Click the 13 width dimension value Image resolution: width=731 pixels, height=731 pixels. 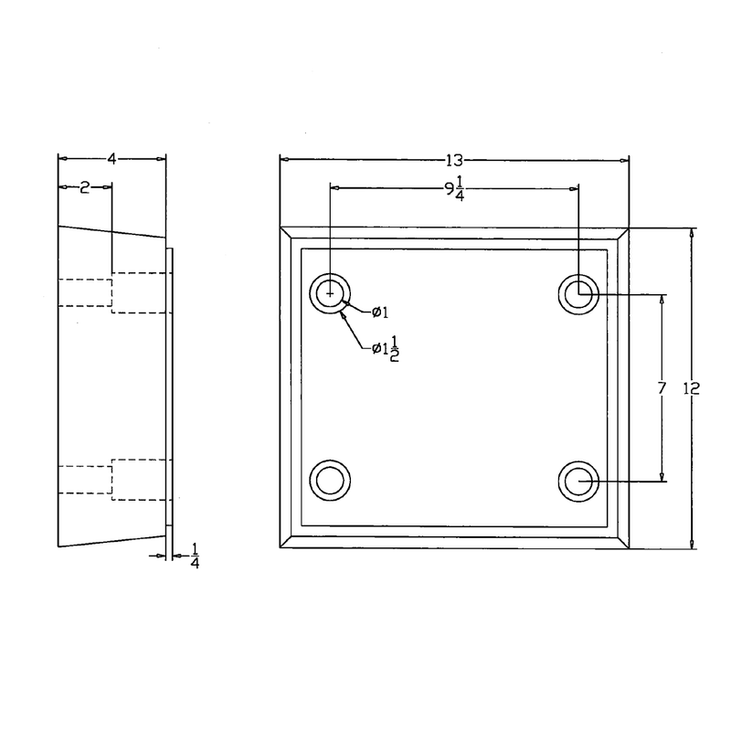click(x=454, y=160)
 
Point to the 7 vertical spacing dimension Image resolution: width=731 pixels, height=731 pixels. click(x=662, y=388)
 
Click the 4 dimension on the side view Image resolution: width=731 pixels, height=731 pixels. click(x=111, y=159)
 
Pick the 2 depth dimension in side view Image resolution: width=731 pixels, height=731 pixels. click(x=84, y=188)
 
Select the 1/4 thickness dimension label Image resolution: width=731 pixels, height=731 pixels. click(x=194, y=555)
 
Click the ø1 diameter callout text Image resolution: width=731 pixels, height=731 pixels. click(x=380, y=313)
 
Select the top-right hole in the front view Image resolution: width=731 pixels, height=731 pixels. click(x=578, y=294)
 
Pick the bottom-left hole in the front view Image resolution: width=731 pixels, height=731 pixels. click(x=330, y=479)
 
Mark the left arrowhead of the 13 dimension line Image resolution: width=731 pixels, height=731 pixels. click(x=283, y=160)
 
